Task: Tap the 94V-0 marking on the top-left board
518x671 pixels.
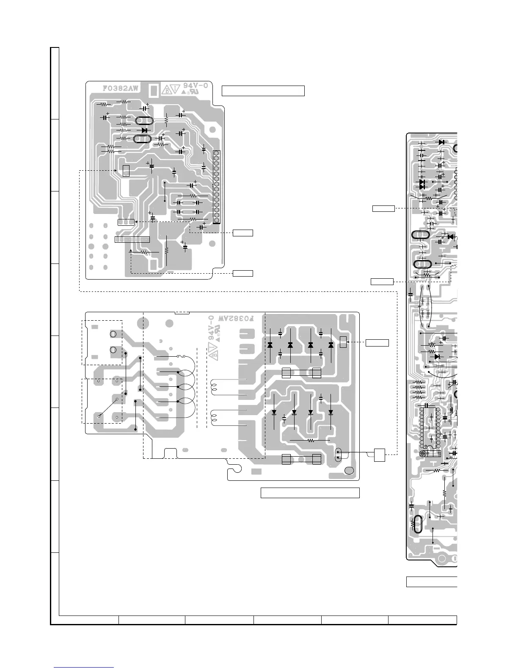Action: [x=196, y=86]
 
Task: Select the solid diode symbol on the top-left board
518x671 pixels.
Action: [x=144, y=130]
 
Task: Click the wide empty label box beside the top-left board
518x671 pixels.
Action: [x=263, y=91]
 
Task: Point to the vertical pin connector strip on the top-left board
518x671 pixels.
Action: [x=216, y=186]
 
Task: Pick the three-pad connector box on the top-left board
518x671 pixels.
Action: [x=126, y=222]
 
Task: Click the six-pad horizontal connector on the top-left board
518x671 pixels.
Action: [x=132, y=239]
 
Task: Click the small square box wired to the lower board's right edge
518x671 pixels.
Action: [x=379, y=455]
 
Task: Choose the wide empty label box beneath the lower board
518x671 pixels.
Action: [x=310, y=493]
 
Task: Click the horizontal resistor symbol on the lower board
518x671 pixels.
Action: [x=311, y=441]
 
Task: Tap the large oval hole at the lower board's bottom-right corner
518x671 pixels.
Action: [x=350, y=471]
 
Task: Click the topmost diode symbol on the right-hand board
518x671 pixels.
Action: [x=441, y=142]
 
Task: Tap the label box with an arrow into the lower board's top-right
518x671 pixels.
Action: [x=377, y=342]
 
